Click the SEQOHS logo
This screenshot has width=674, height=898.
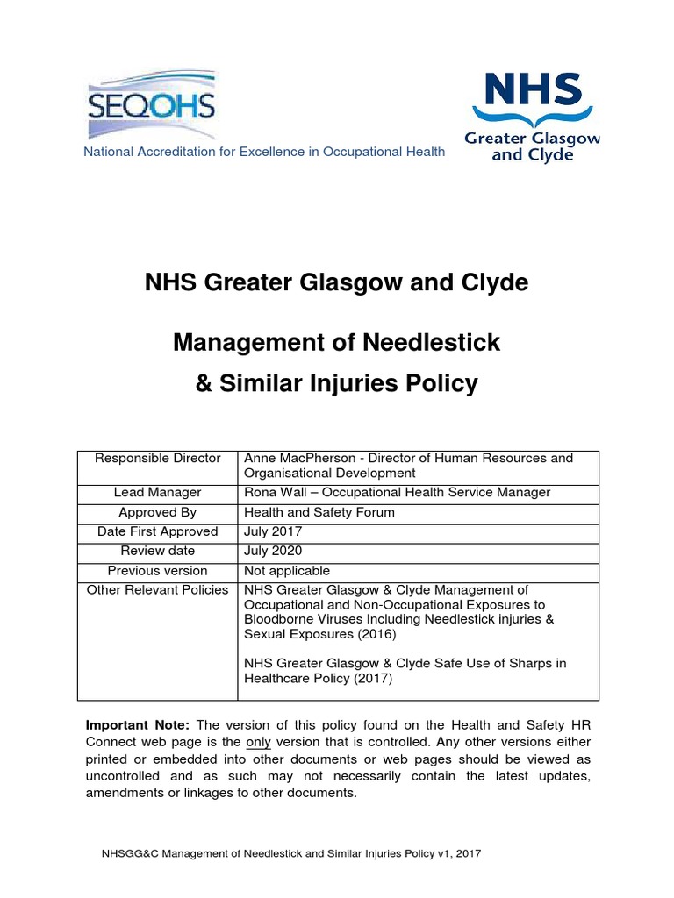click(151, 104)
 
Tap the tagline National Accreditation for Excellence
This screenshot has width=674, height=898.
click(263, 152)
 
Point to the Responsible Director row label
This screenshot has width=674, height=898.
click(158, 458)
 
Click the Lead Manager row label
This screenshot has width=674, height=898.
click(158, 493)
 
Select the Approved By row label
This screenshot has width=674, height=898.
click(158, 512)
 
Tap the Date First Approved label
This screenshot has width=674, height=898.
click(158, 531)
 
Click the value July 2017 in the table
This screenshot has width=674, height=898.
click(273, 531)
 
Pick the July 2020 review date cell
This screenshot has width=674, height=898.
click(273, 551)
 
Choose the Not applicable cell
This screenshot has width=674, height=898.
click(287, 570)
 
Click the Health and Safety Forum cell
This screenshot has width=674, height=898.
click(319, 512)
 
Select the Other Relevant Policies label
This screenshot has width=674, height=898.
click(158, 589)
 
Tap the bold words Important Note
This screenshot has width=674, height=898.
click(137, 724)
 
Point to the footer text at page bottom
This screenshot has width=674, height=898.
click(292, 853)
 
